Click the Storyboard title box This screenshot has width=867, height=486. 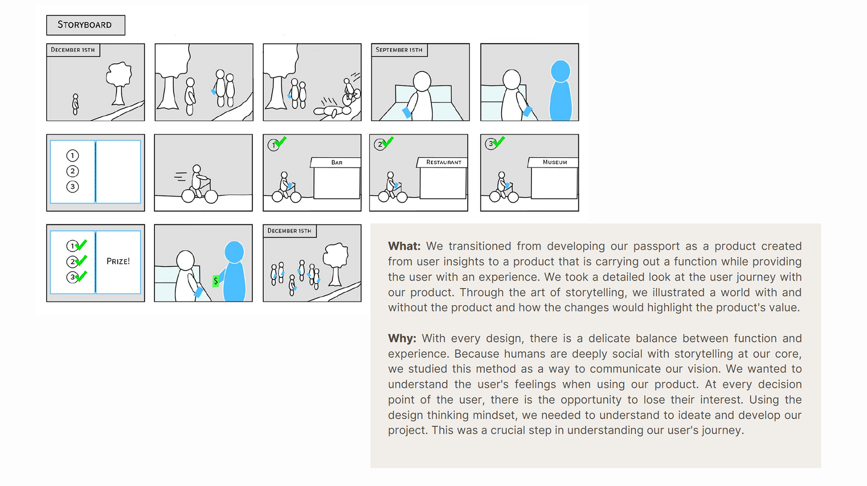click(85, 25)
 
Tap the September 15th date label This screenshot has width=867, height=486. click(399, 50)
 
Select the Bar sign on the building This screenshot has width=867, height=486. click(336, 162)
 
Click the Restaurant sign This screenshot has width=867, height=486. click(443, 162)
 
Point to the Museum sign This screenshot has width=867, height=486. click(555, 162)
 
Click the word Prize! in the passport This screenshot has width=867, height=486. click(118, 261)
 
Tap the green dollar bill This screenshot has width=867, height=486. click(216, 281)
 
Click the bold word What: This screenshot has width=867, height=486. click(404, 246)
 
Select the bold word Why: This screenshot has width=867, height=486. click(402, 338)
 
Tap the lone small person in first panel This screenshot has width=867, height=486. click(75, 104)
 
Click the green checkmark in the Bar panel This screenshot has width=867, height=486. click(281, 142)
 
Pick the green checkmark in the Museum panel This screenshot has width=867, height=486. click(499, 142)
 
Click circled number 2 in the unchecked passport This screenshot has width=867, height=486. click(72, 171)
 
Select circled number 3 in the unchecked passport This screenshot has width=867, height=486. click(72, 187)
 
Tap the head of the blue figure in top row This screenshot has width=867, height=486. click(560, 71)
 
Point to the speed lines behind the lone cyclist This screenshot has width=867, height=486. click(180, 176)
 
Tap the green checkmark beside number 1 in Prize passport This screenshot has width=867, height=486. click(82, 245)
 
